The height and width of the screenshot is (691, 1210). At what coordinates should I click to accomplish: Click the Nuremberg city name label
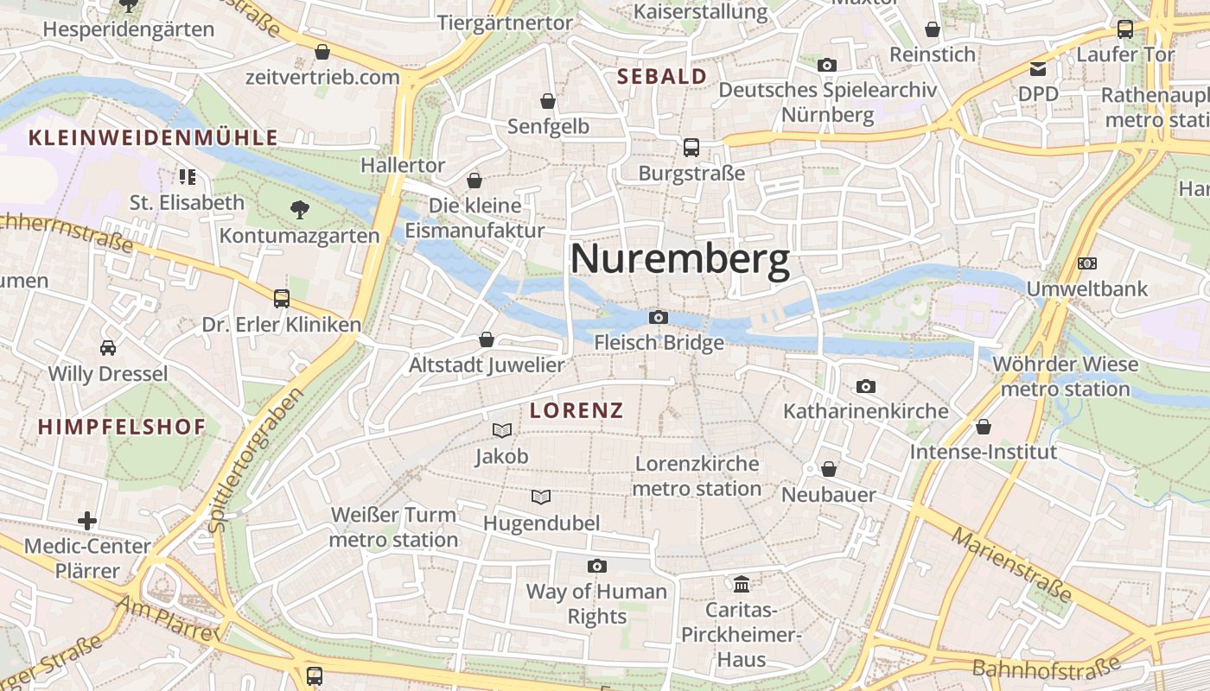click(x=680, y=259)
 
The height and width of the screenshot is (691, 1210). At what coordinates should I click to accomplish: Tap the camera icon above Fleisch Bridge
click(x=659, y=318)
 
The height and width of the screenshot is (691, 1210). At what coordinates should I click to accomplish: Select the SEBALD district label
click(x=662, y=76)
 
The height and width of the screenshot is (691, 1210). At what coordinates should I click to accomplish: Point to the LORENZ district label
click(x=576, y=411)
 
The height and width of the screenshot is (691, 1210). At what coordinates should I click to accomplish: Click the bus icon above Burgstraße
click(x=691, y=148)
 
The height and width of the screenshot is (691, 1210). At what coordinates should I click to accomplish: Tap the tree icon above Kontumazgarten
click(x=300, y=208)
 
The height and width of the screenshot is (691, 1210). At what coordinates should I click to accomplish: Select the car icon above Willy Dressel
click(x=108, y=348)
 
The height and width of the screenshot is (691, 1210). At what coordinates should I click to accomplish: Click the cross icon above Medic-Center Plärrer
click(x=87, y=521)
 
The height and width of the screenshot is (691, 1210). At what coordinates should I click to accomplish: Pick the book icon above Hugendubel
click(x=541, y=498)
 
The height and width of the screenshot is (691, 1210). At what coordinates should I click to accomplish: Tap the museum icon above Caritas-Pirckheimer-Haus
click(x=742, y=585)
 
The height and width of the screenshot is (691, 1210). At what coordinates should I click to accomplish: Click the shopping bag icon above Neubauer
click(x=829, y=469)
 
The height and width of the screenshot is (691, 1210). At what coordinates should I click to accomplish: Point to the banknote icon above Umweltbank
click(x=1087, y=263)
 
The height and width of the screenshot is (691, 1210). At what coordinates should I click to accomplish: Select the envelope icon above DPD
click(x=1038, y=68)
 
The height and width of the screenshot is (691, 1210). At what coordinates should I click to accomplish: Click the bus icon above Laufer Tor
click(x=1125, y=29)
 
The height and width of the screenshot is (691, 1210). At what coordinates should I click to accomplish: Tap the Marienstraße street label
click(x=1011, y=565)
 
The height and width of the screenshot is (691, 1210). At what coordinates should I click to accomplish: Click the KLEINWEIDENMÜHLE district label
click(x=153, y=137)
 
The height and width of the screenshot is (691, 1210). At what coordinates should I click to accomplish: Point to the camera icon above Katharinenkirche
click(x=866, y=386)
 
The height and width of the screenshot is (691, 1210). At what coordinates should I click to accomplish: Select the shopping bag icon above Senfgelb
click(x=548, y=101)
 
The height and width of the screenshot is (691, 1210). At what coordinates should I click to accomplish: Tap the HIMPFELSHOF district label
click(x=122, y=427)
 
